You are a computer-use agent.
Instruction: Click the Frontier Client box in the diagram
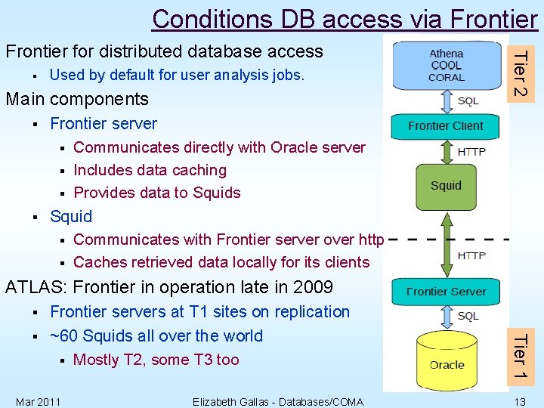tap(445, 126)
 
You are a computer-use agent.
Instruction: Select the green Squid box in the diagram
tap(446, 186)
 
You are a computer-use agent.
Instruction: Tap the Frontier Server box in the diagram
tap(445, 292)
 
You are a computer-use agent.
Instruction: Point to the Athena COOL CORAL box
tap(447, 65)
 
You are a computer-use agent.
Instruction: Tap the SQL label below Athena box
tap(468, 100)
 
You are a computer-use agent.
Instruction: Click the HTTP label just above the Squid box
tap(471, 152)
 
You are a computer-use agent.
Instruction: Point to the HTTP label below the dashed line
tap(471, 255)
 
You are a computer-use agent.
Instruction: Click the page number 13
tap(520, 400)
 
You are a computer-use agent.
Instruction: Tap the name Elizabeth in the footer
tap(216, 401)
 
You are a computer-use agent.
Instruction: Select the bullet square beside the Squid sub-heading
tap(36, 218)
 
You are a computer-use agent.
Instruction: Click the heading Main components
tap(77, 99)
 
